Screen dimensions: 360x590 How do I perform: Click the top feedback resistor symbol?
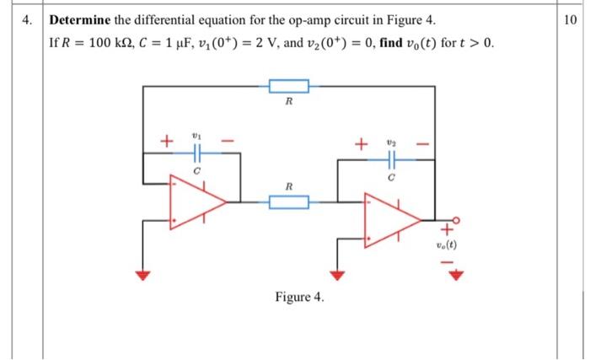289,85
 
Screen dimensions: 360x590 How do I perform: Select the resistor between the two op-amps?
289,201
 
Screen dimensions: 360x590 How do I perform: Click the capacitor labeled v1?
196,154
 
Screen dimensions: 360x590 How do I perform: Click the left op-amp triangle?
195,201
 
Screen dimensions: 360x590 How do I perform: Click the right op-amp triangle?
389,220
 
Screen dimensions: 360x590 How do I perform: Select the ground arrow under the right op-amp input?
337,275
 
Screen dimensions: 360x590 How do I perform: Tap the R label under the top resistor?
289,102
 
